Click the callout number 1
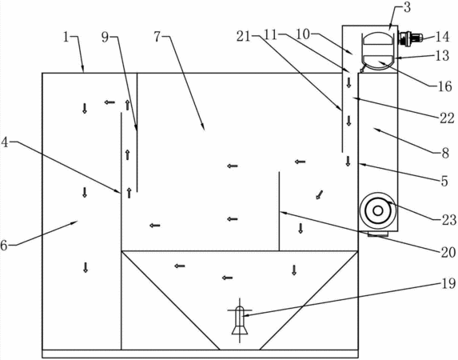coord(66,37)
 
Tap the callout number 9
coord(106,37)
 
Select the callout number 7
coord(157,37)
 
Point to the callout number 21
coord(244,37)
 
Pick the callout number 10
coord(302,34)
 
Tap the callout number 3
coord(407,7)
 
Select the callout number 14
coord(442,37)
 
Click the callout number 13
coord(443,55)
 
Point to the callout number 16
coord(445,86)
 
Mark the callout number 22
coord(447,118)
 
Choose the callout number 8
coord(445,153)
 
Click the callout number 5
coord(444,182)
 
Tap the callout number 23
coord(449,220)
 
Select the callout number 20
coord(448,252)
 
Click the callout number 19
coord(448,283)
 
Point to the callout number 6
coord(4,245)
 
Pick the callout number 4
coord(5,142)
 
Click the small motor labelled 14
coord(411,39)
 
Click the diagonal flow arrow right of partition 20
coord(320,194)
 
